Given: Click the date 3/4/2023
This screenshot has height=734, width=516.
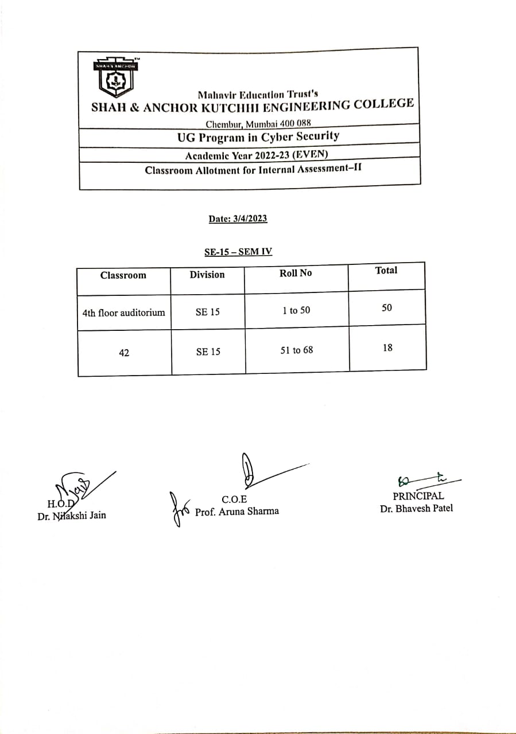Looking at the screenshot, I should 238,218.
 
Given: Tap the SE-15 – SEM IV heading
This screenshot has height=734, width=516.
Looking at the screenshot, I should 238,252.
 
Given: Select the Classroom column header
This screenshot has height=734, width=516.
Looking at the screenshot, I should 123,275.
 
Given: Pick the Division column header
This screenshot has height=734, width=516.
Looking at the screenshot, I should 207,275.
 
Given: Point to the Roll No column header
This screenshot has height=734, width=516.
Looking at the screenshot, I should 296,273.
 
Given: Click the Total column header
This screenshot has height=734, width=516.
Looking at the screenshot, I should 386,270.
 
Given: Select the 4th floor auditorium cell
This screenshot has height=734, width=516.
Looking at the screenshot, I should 123,313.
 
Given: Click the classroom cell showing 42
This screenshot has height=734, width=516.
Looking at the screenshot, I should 124,353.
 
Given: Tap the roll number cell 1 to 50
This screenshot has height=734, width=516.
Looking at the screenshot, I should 296,310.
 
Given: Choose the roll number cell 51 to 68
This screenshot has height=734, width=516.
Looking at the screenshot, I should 297,350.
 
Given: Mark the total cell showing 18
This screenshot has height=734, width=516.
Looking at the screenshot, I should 387,348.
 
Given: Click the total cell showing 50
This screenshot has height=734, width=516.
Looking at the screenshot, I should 387,308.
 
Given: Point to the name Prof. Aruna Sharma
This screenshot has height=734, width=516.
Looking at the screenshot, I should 237,512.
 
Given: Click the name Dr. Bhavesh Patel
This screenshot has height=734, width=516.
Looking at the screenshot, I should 416,508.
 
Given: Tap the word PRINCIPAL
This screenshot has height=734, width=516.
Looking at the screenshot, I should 418,496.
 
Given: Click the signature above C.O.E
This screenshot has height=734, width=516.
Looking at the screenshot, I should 253,472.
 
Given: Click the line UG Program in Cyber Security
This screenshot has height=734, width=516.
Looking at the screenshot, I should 258,136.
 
